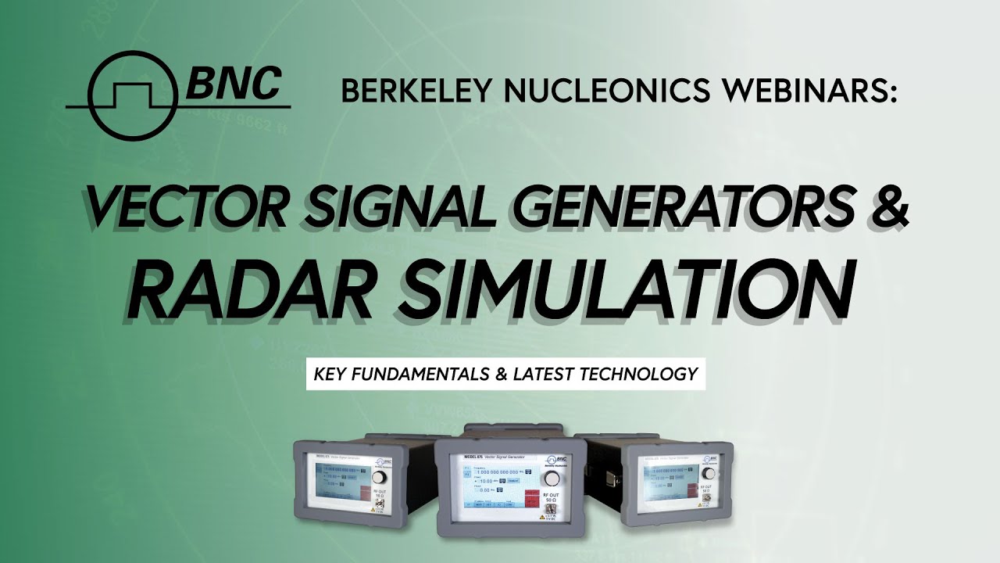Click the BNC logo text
[233, 83]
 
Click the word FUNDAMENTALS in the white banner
[422, 374]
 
